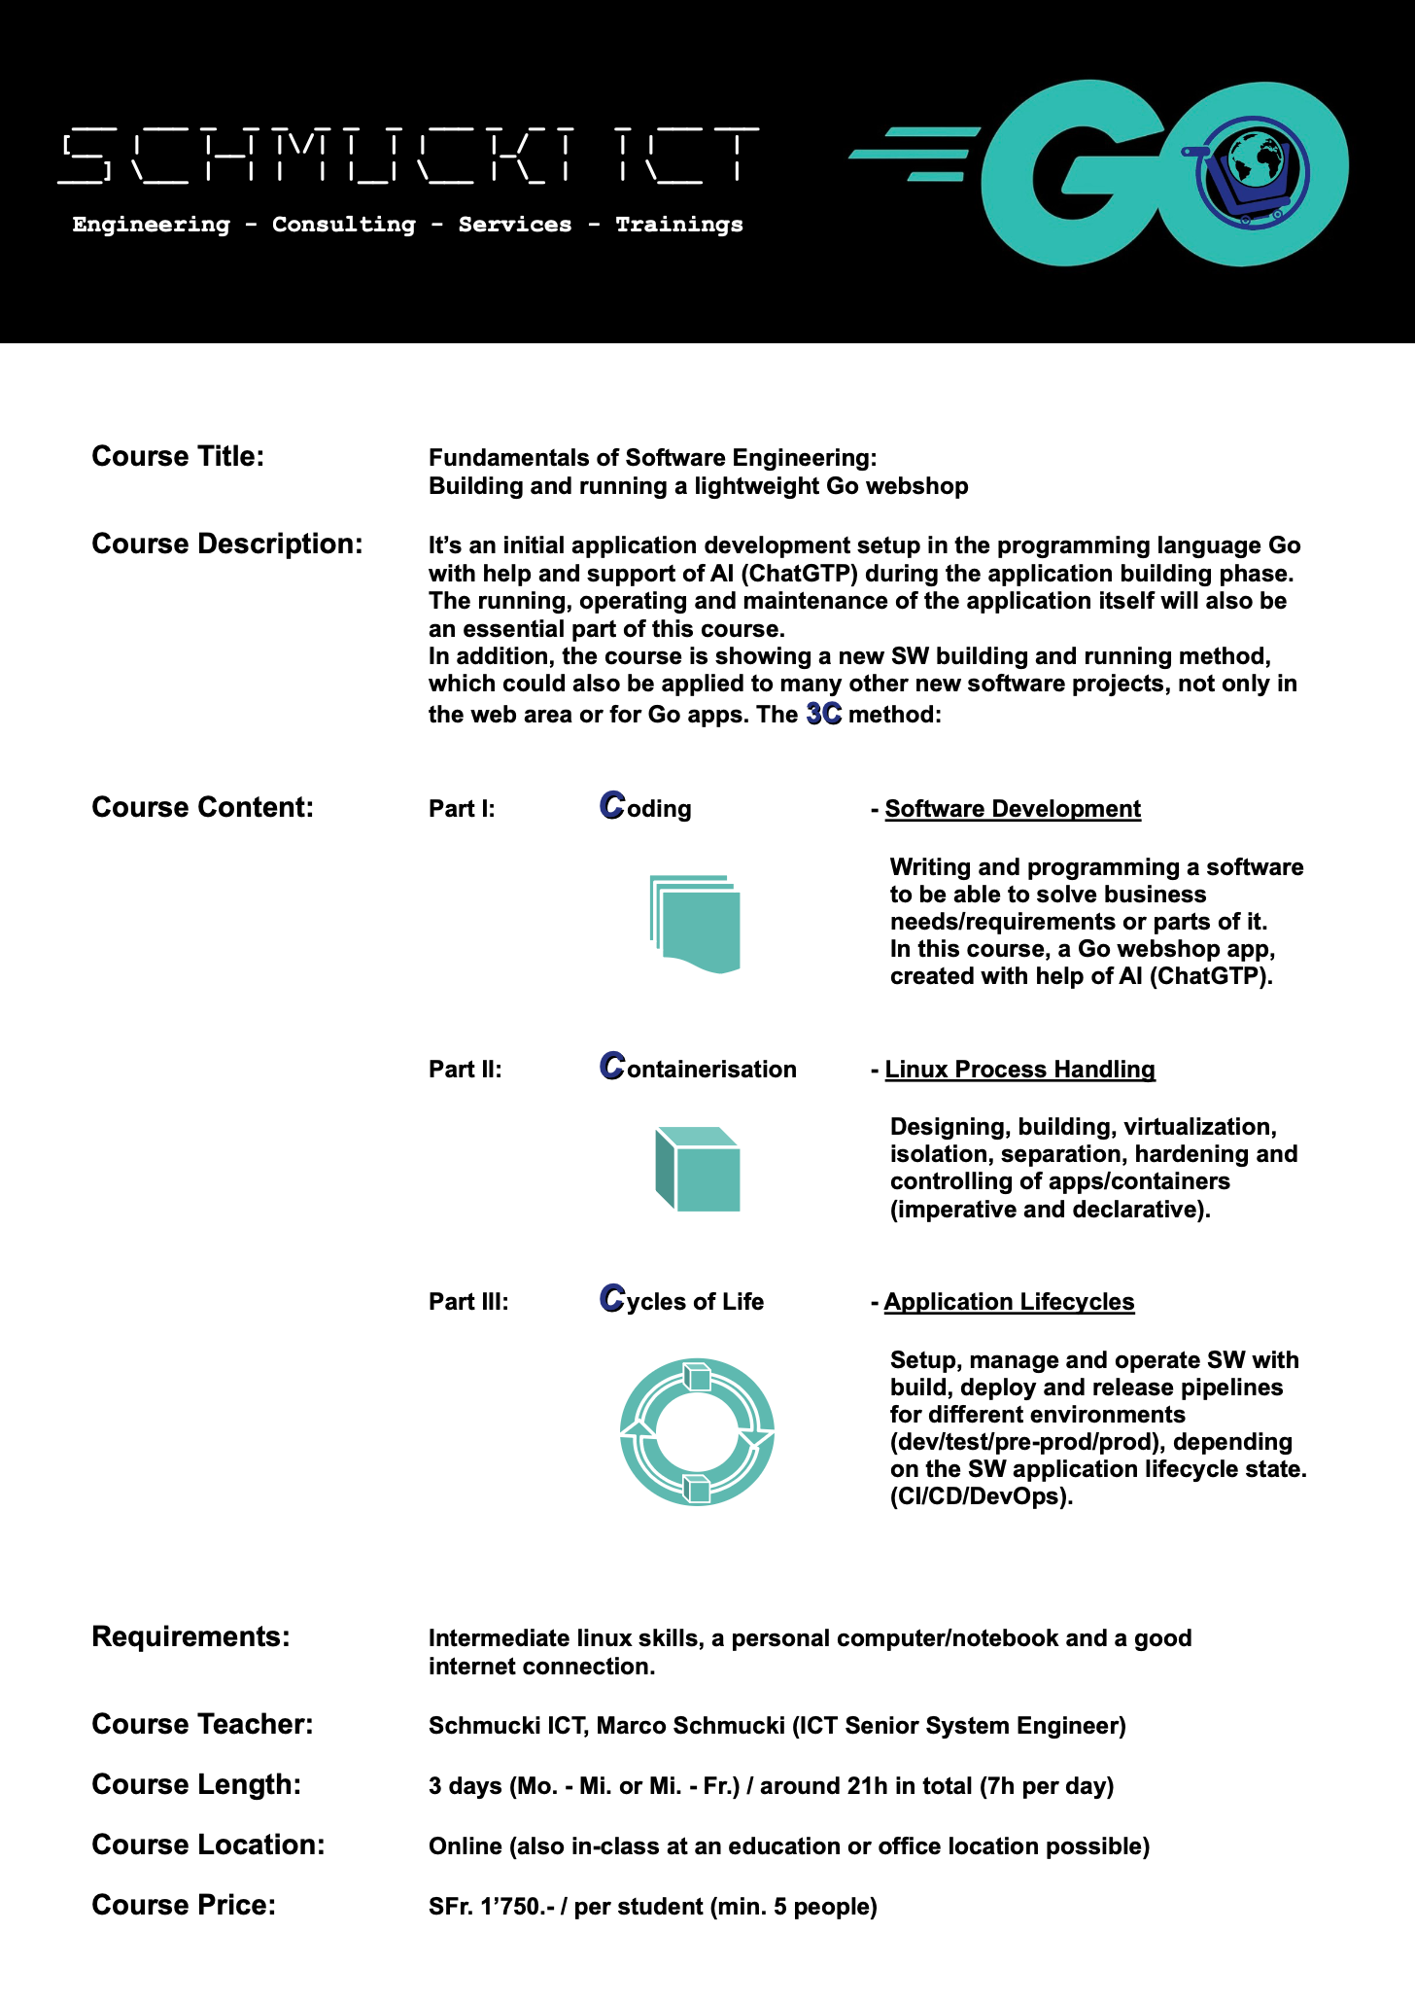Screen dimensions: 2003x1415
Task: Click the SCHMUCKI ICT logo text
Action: click(x=408, y=156)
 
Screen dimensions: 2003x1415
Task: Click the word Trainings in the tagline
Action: click(x=678, y=225)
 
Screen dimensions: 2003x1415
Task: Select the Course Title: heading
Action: click(x=178, y=456)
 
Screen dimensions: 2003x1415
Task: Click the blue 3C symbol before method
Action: click(x=824, y=715)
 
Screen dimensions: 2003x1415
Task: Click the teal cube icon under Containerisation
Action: click(x=697, y=1169)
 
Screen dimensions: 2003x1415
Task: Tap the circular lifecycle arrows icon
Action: click(x=697, y=1431)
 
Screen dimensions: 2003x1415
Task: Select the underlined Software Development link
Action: click(x=1013, y=809)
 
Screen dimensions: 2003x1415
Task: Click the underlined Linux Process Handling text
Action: click(x=1019, y=1070)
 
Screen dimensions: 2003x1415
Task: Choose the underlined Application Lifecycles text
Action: click(x=1009, y=1302)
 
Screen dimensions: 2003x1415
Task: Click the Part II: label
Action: click(x=466, y=1070)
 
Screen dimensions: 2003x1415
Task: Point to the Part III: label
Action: click(x=468, y=1302)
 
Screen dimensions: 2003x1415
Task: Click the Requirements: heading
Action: click(x=190, y=1636)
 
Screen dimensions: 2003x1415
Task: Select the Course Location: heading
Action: click(x=208, y=1845)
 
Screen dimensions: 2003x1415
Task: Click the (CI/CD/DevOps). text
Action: click(x=982, y=1496)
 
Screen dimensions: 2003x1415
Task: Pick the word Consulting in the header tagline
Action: click(x=343, y=225)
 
